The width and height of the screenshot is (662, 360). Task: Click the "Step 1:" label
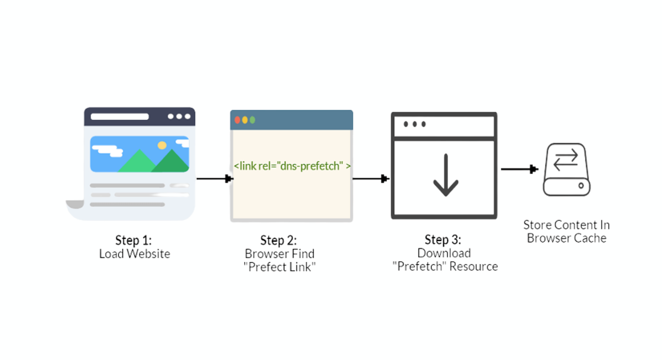pos(133,240)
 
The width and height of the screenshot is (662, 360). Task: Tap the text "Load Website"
pos(135,254)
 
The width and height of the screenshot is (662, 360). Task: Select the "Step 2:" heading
pos(279,240)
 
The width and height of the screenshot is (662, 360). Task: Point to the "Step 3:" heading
pos(443,240)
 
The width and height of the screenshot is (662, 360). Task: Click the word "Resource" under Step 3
pos(474,267)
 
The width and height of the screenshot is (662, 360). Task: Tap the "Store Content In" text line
pos(567,225)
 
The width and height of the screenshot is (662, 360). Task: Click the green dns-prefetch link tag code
pos(292,165)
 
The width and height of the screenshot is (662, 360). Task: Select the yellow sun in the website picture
pos(162,146)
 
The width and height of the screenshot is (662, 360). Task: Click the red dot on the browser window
pos(238,120)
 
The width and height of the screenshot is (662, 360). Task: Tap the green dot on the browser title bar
pos(253,120)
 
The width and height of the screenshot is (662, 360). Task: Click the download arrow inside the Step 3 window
pos(445,175)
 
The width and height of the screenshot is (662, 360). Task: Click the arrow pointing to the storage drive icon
pos(519,169)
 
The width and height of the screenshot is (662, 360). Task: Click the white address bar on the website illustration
pos(120,117)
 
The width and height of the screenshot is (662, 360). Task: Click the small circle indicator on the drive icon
pos(581,186)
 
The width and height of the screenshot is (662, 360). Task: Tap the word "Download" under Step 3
pos(444,253)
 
